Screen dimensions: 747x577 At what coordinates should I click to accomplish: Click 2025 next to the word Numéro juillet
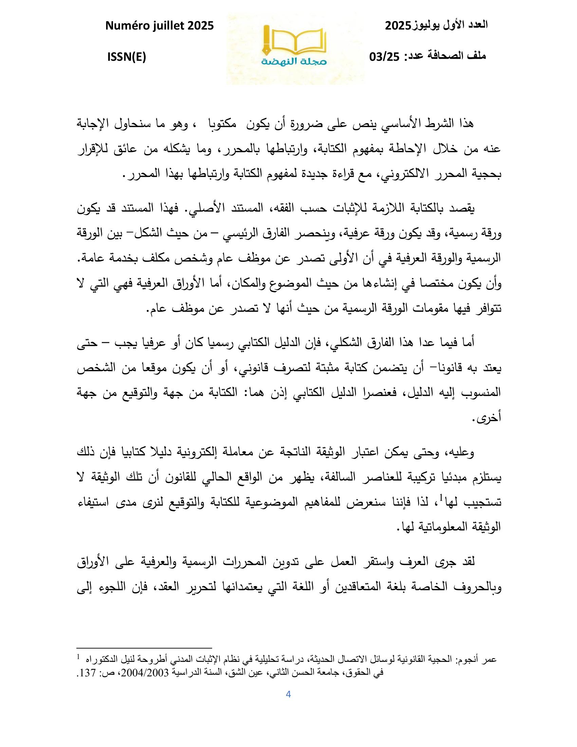coord(199,25)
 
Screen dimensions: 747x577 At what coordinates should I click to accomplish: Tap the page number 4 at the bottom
coord(288,694)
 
